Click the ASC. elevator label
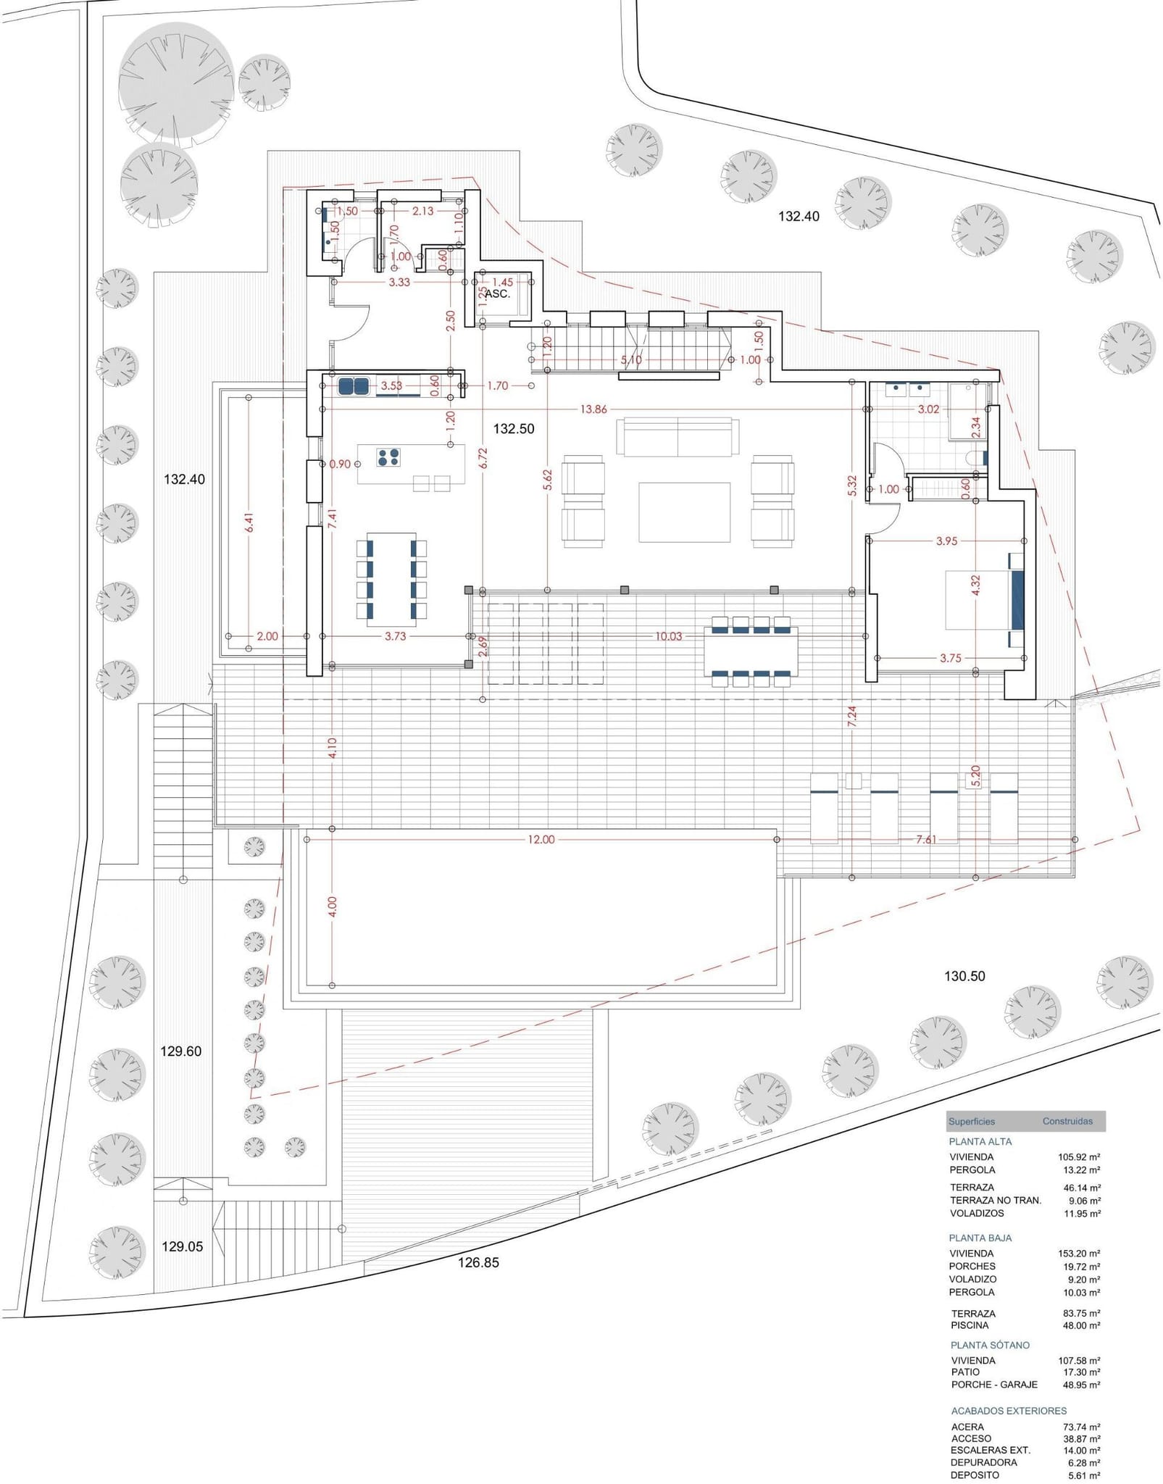497,294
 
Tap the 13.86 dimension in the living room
593,409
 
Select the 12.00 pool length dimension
541,840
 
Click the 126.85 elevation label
478,1262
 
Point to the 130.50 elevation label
964,976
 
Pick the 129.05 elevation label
182,1246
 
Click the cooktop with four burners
388,457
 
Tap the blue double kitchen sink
354,387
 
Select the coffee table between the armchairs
684,512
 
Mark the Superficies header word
972,1121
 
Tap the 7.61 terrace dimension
926,840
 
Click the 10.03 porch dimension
668,636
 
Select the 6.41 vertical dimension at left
249,523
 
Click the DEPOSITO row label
975,1475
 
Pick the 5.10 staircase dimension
631,359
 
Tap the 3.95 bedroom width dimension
946,541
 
